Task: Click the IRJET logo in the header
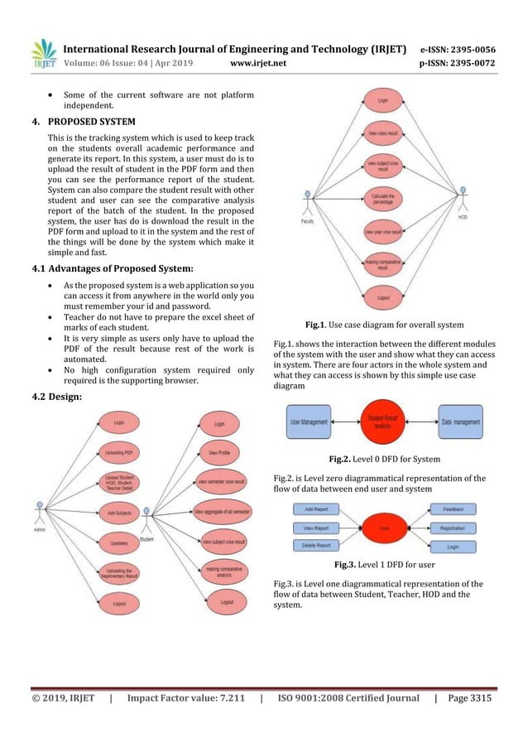point(44,54)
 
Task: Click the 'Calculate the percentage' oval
point(383,198)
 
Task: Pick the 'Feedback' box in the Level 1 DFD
point(453,509)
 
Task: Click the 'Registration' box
point(453,527)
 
